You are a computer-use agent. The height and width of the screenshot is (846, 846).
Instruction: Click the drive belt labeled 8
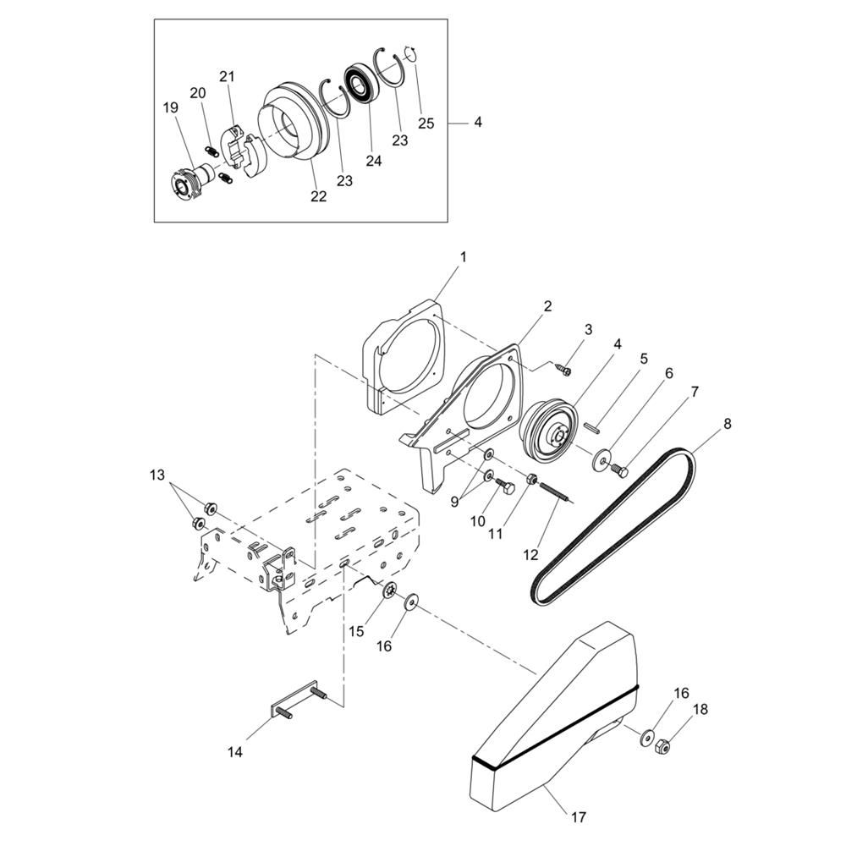click(613, 526)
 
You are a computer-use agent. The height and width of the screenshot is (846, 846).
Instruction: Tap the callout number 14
click(235, 751)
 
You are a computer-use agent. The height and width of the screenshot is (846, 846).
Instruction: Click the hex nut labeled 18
click(662, 748)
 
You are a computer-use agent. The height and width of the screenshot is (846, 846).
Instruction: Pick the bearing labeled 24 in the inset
click(357, 83)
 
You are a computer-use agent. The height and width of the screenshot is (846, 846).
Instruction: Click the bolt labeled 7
click(620, 471)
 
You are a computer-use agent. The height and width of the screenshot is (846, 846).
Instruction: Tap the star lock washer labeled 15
click(388, 591)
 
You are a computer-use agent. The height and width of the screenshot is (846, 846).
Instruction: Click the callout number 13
click(157, 475)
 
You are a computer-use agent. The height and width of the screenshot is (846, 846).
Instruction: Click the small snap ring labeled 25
click(411, 55)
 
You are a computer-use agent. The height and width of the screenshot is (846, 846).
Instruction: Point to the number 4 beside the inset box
click(477, 123)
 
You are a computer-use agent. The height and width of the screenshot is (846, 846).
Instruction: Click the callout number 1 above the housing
click(463, 257)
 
